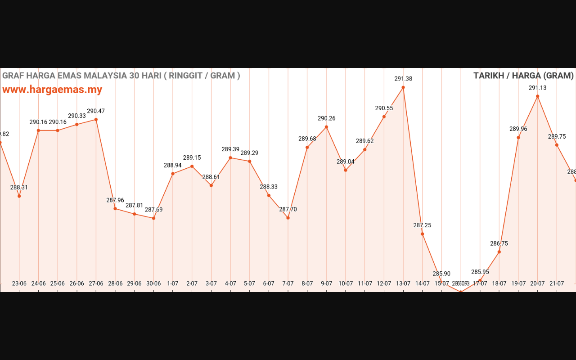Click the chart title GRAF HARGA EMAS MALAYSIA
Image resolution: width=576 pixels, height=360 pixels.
pos(121,76)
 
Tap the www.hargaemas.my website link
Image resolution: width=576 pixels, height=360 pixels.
pos(52,90)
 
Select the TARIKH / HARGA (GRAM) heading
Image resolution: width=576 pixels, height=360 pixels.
pos(523,76)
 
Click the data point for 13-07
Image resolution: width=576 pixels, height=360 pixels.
pos(403,87)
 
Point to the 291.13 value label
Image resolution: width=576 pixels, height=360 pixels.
pos(537,88)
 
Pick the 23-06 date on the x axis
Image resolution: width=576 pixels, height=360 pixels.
pos(19,283)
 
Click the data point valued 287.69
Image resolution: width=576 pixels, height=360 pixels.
pos(153,218)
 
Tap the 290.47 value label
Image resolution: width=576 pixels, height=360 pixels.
pos(96,111)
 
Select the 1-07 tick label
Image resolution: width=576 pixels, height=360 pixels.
pos(173,283)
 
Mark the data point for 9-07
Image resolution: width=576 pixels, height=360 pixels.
pos(326,127)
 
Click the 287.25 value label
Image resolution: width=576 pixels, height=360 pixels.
pos(422,225)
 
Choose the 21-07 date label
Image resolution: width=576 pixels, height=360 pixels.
pos(557,283)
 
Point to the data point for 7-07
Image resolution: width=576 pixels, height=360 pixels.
pos(288,218)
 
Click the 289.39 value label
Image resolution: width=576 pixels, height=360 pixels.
pos(230,149)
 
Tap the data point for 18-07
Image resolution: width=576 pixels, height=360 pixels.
pos(499,252)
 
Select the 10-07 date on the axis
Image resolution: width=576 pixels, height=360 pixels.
pos(346,283)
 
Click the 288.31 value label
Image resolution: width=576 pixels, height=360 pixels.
pos(19,188)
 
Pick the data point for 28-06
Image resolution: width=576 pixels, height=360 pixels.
pos(115,208)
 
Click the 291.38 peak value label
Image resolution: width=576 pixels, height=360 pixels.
pos(403,79)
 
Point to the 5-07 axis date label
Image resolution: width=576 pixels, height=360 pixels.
pos(249,283)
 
